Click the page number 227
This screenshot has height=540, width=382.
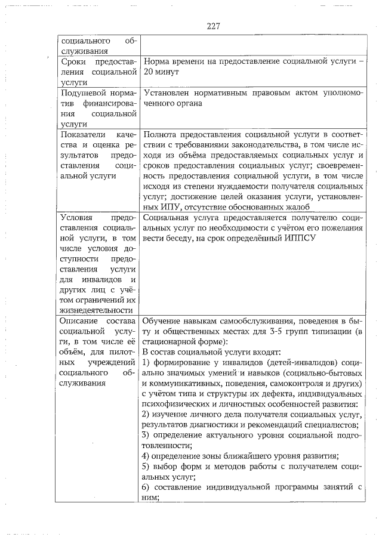point(214,26)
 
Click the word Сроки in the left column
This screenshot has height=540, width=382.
point(74,61)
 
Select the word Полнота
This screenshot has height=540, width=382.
point(161,134)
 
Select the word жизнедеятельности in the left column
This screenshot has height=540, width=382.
point(95,310)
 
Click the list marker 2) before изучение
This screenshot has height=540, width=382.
point(148,414)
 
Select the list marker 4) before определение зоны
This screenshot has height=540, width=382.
point(148,455)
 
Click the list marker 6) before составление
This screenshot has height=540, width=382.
point(148,486)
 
